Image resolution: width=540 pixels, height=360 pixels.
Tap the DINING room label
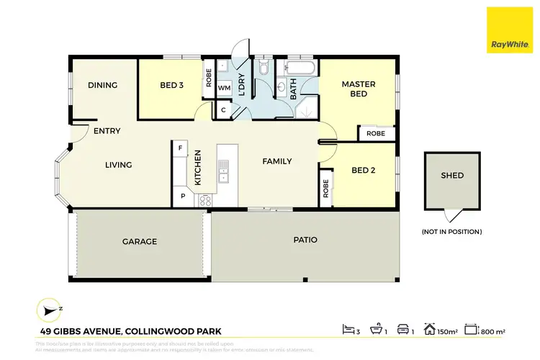coord(102,85)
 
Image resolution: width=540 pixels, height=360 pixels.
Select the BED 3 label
coord(171,85)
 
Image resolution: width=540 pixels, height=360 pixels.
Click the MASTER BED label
coord(354,89)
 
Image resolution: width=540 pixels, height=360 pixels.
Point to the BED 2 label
coord(364,171)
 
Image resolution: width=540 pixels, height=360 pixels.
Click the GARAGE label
coord(139,242)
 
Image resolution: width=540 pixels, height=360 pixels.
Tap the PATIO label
coord(305,240)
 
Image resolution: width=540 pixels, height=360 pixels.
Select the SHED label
coord(452,176)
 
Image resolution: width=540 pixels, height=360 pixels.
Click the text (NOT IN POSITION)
coord(452,232)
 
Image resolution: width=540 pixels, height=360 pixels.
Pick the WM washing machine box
coord(223,88)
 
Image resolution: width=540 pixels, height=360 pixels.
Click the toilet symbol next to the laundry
coord(264,68)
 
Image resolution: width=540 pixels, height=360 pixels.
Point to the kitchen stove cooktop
coord(204,200)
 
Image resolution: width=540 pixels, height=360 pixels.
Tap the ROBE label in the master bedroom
coord(376,134)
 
